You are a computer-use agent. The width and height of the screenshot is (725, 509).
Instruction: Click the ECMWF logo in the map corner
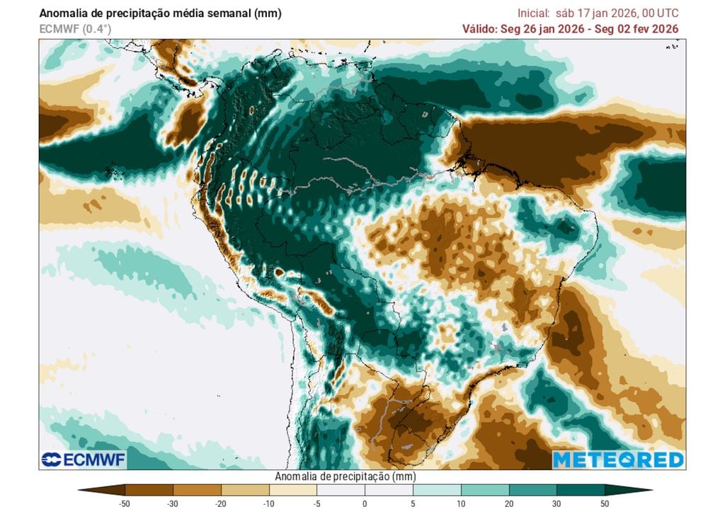point(83,460)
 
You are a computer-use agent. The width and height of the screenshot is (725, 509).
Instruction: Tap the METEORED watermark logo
point(617,460)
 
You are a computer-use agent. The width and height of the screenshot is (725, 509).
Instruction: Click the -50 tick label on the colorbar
point(125,503)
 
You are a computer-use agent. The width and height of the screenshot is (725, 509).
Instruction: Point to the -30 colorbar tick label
point(173,503)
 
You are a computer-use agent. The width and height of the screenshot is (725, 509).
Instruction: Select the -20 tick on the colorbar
point(221,503)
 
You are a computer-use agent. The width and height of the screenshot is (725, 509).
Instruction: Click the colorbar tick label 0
point(365,503)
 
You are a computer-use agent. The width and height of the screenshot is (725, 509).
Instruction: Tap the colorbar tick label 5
point(413,503)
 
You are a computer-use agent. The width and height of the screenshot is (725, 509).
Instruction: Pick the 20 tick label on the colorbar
point(508,503)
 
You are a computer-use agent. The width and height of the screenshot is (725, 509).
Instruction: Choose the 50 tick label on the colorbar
point(604,503)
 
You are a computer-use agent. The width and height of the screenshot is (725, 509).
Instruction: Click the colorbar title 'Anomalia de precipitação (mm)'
point(344,476)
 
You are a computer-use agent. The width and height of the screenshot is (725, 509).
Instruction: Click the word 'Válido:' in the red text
point(482,29)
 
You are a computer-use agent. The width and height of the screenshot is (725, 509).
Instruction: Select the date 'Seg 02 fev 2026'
point(639,29)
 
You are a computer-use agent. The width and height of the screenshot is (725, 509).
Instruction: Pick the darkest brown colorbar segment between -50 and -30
point(149,489)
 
